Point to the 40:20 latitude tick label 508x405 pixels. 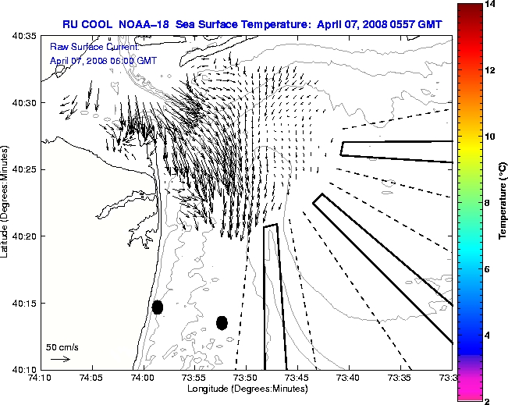26,236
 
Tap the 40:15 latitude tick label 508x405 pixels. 26,303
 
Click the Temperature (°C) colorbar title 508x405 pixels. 504,202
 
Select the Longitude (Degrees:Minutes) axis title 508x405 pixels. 246,388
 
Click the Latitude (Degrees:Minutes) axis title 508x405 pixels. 6,202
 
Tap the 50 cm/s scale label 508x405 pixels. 62,347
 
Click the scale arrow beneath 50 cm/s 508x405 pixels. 60,359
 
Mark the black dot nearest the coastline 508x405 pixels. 158,307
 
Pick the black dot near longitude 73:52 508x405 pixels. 222,322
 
